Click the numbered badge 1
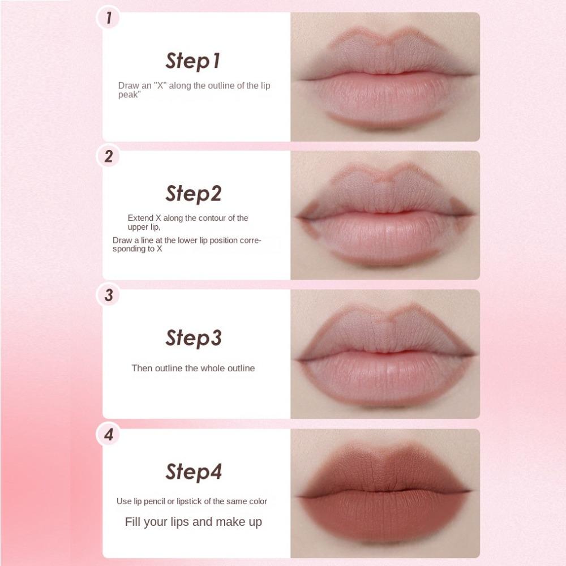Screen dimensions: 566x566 click(x=108, y=18)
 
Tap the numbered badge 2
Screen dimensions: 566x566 click(x=108, y=156)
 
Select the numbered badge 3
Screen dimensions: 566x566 click(x=108, y=295)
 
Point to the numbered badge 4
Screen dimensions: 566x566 click(x=108, y=434)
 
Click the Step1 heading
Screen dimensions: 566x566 click(x=193, y=61)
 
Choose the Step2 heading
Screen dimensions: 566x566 click(x=194, y=194)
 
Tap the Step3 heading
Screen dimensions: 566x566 click(x=194, y=338)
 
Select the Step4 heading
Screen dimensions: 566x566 click(x=194, y=472)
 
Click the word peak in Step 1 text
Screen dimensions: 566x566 click(x=128, y=95)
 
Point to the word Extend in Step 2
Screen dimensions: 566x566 click(x=140, y=218)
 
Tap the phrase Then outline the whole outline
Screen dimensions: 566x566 click(x=193, y=368)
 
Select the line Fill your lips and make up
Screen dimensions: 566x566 click(x=193, y=522)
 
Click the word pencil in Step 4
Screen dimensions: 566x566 click(x=155, y=501)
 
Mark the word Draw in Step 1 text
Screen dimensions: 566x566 click(x=128, y=85)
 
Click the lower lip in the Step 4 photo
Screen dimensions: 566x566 click(x=384, y=514)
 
